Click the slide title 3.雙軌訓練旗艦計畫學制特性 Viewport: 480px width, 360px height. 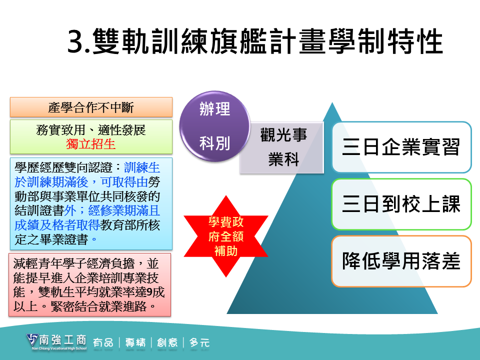click(x=255, y=41)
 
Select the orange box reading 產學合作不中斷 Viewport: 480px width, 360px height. click(x=91, y=107)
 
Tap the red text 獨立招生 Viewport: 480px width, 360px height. click(x=91, y=144)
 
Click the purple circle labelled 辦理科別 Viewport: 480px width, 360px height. click(x=214, y=126)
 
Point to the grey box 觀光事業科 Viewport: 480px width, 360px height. click(x=282, y=148)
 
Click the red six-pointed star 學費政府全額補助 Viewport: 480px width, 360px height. click(x=226, y=236)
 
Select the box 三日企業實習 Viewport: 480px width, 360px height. click(x=401, y=147)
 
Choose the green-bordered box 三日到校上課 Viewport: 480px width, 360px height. click(x=401, y=204)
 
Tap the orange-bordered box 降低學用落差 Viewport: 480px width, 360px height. click(x=401, y=261)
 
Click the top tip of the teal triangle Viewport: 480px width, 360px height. click(x=332, y=103)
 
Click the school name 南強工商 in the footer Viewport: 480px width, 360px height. click(x=63, y=340)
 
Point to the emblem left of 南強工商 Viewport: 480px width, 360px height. click(x=32, y=340)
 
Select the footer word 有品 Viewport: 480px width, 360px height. click(x=103, y=342)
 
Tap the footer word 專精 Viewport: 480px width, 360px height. click(x=135, y=342)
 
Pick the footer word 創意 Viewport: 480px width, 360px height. click(x=167, y=342)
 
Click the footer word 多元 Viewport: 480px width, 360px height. click(x=199, y=342)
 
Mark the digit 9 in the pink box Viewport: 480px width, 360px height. click(x=149, y=292)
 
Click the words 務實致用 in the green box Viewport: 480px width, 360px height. click(x=60, y=130)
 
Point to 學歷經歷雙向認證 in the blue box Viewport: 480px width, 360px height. click(x=63, y=167)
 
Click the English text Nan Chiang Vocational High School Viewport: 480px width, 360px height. click(x=59, y=348)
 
